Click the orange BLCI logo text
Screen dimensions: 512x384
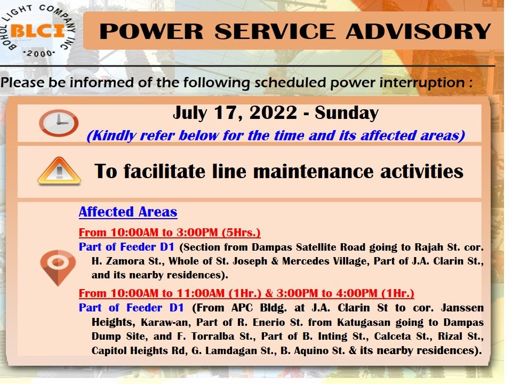(37, 31)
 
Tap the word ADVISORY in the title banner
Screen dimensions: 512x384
(418, 31)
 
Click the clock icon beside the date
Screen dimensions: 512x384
(59, 123)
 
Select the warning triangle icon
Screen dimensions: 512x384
(59, 171)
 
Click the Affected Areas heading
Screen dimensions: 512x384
(128, 212)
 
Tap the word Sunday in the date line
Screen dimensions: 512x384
(347, 113)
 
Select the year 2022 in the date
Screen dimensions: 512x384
(273, 113)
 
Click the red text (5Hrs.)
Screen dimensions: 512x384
(241, 233)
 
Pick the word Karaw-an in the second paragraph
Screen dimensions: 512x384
(165, 322)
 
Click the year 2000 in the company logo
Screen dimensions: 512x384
(39, 53)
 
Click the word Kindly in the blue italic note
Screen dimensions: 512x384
(111, 136)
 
